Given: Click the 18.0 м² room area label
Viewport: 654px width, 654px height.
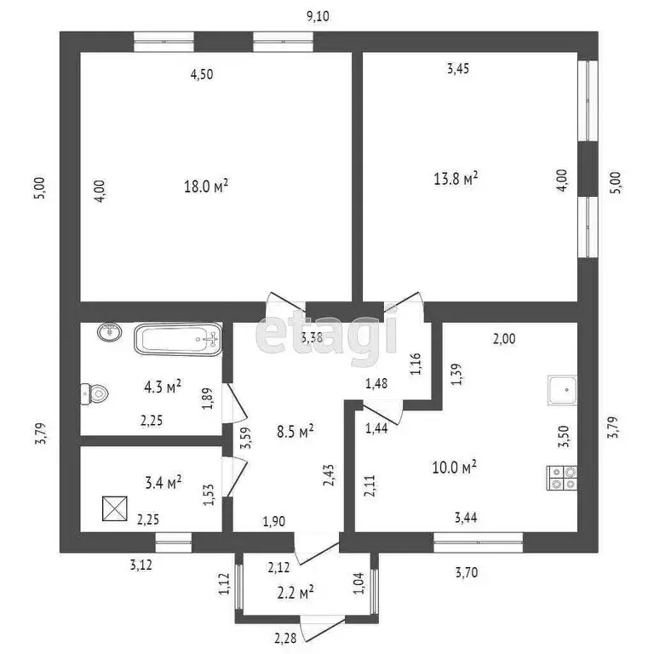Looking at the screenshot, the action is click(206, 186).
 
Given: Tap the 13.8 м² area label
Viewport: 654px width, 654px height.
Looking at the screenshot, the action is click(456, 179).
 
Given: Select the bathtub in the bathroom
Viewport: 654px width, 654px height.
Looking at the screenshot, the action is click(178, 339).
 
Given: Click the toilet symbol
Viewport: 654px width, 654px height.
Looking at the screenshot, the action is click(95, 393).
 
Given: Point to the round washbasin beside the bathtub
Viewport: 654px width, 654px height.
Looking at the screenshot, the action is click(110, 332).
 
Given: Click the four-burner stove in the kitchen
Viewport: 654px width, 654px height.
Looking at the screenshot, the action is click(562, 478).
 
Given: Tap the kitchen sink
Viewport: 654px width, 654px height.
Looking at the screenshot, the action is click(563, 390).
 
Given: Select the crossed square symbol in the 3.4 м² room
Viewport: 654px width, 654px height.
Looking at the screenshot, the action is click(115, 508).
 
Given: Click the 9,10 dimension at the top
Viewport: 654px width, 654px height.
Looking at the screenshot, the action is click(318, 16).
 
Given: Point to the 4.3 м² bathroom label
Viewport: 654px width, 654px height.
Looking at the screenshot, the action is click(163, 387).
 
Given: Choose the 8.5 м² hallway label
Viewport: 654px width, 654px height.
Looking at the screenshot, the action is click(295, 431).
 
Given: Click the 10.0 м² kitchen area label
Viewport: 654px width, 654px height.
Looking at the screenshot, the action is click(454, 468).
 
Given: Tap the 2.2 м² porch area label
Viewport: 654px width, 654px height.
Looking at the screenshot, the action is click(295, 593).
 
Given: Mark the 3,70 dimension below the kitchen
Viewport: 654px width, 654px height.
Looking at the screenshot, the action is click(467, 572).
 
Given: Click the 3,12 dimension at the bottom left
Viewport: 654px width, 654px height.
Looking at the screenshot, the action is click(141, 565).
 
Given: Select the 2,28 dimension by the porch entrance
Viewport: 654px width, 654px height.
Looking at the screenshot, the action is click(285, 638).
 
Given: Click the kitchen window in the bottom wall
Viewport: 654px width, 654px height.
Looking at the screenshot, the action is click(478, 542).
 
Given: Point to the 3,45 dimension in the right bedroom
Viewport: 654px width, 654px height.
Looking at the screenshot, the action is click(458, 68).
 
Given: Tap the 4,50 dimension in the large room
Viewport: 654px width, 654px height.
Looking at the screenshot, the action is click(202, 75).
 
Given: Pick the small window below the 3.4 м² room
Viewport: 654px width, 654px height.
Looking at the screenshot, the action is click(174, 542).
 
